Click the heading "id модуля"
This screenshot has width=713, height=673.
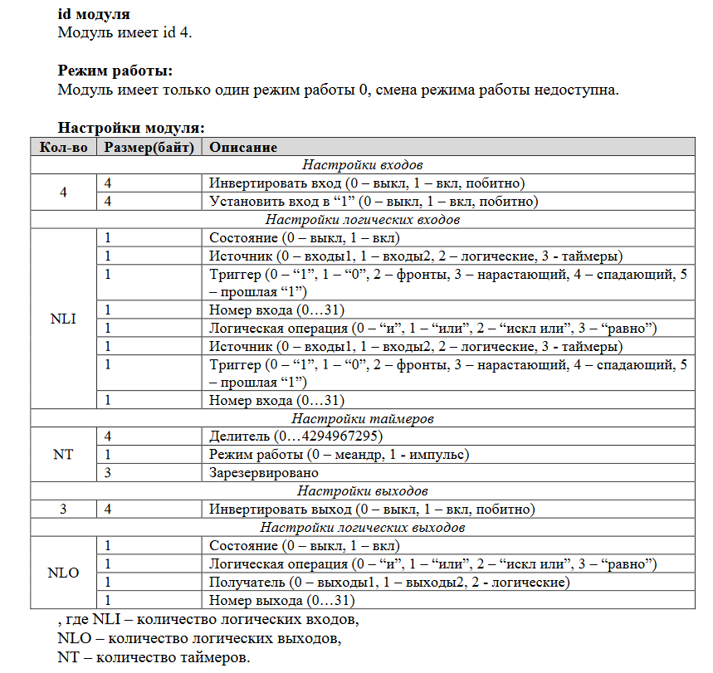[x=93, y=15]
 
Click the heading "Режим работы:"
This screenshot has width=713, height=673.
[x=115, y=71]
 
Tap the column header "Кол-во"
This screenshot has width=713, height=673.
[x=64, y=147]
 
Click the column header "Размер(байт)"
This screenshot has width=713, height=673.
[x=149, y=147]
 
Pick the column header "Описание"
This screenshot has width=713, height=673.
[x=243, y=147]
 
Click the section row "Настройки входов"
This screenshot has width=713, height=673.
[x=363, y=165]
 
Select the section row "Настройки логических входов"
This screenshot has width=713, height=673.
[x=363, y=220]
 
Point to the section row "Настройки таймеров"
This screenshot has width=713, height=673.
[x=363, y=419]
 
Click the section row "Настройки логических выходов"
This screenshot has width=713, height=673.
[x=363, y=527]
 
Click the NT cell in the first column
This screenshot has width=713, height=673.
[x=64, y=455]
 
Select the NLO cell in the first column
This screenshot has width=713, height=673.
[x=64, y=573]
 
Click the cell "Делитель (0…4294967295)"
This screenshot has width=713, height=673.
[x=296, y=436]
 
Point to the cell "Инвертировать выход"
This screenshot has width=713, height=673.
[x=372, y=509]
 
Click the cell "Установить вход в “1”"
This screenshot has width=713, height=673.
[x=374, y=202]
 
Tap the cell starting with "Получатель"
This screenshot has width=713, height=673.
[x=388, y=582]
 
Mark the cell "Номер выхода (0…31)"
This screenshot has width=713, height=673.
[x=282, y=600]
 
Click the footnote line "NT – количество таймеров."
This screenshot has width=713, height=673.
[x=153, y=658]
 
